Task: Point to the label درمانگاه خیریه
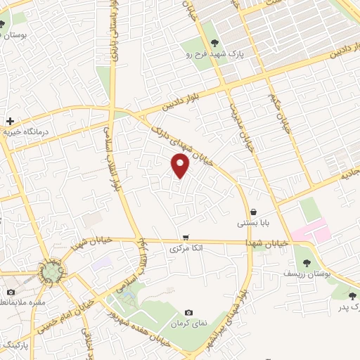[27, 132]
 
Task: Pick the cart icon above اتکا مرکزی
[186, 238]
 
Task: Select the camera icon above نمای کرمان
[188, 313]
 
